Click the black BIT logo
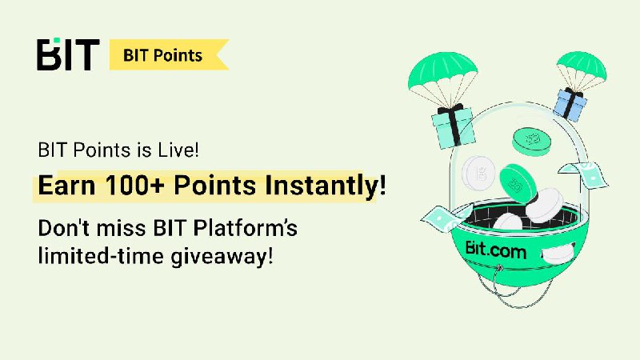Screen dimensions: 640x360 [68, 54]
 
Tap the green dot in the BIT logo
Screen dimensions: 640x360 [57, 40]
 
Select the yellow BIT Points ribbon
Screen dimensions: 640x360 [169, 54]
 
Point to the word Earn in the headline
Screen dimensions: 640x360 [66, 186]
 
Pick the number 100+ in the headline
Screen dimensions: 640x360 [135, 186]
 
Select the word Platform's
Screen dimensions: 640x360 [246, 228]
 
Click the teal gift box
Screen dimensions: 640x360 [453, 126]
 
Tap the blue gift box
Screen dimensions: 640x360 [570, 105]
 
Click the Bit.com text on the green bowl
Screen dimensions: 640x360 [495, 250]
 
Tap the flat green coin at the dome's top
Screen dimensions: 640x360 [531, 142]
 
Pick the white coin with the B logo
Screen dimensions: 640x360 [479, 173]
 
